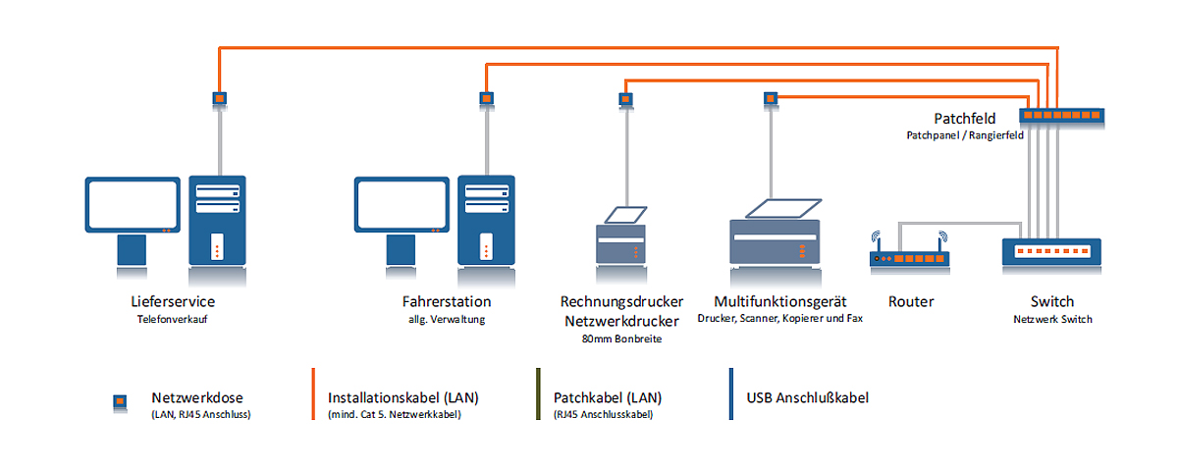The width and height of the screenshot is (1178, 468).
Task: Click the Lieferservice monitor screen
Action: (x=133, y=204)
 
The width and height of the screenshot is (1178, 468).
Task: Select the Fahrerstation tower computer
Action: (x=487, y=221)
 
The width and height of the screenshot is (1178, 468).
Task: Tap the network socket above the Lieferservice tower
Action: (x=220, y=98)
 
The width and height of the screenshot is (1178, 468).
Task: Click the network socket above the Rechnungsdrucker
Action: (x=626, y=98)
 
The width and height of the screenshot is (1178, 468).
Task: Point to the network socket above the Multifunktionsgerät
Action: (x=771, y=98)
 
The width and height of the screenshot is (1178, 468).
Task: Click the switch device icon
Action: (x=1051, y=251)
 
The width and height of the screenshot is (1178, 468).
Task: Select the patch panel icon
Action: (x=1062, y=115)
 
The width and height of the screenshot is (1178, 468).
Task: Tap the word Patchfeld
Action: (x=964, y=119)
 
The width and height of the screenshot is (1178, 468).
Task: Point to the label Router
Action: (x=911, y=301)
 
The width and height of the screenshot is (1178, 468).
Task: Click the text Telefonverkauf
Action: (x=173, y=319)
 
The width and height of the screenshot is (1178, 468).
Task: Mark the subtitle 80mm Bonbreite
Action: (x=621, y=338)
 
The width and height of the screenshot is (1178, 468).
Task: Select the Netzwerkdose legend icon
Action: (x=120, y=402)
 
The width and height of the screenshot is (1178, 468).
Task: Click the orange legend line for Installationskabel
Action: (x=313, y=393)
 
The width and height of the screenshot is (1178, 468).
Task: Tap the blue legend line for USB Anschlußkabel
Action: (x=731, y=393)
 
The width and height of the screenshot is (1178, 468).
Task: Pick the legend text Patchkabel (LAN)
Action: (x=608, y=397)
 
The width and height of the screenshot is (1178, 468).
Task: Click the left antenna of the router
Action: (x=876, y=241)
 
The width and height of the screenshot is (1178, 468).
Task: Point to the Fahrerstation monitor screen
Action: (x=402, y=204)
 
